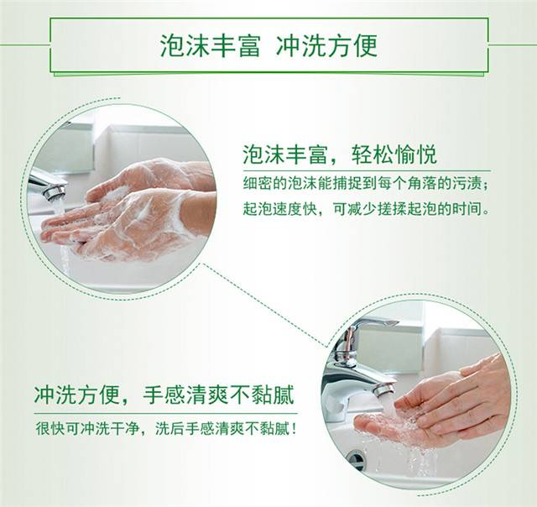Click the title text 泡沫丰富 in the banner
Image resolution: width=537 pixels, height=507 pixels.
pos(211,44)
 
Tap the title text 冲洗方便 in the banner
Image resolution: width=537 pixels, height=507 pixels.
pos(326,44)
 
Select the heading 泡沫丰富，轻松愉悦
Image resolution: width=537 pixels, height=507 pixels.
pos(340,154)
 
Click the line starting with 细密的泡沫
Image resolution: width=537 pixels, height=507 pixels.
pos(365,184)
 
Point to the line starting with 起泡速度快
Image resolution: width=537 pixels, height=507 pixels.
pos(366,208)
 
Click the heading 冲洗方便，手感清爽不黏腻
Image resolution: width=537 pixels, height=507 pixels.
pos(164,395)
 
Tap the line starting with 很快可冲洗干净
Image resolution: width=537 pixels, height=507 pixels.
pos(166,428)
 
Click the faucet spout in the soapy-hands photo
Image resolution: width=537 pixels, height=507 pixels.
pos(48,185)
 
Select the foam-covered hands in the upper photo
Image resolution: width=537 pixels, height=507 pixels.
pos(128,209)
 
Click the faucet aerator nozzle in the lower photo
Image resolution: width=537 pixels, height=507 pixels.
pos(384,389)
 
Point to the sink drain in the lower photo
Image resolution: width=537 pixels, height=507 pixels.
pos(356,457)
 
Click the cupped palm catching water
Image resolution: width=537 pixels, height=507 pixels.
pos(394,426)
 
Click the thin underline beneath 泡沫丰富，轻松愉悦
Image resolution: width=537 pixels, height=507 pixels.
pos(367,170)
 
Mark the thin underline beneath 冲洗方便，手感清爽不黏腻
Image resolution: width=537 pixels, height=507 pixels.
pos(166,414)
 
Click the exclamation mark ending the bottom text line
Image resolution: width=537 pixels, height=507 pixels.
pos(293,428)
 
